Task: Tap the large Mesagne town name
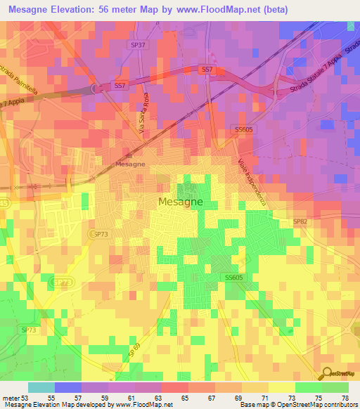coord(181,202)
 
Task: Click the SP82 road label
coord(300,221)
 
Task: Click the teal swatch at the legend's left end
coord(41,387)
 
